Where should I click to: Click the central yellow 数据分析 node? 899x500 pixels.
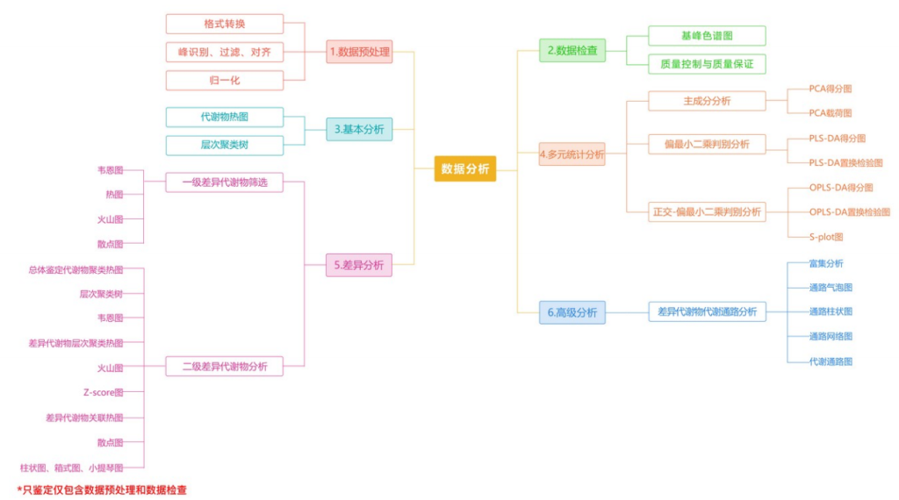tap(464, 168)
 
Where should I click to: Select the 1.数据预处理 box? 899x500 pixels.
tap(359, 52)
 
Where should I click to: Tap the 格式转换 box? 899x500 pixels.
tap(225, 24)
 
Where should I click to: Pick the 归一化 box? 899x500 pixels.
tap(225, 80)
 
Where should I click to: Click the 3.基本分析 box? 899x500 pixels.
tap(359, 129)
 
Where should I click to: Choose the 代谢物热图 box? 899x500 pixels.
tap(225, 117)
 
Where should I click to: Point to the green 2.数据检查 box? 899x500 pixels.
tap(572, 50)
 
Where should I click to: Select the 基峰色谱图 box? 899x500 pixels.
tap(707, 36)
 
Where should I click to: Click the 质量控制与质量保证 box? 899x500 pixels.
tap(707, 63)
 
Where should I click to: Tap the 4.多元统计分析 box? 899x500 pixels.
tap(572, 154)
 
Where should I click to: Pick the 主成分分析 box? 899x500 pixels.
tap(707, 101)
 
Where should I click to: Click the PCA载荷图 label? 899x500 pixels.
tap(831, 113)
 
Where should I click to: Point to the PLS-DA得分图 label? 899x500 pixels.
tap(838, 139)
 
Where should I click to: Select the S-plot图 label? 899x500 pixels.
tap(826, 237)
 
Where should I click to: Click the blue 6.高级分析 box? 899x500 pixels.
tap(572, 311)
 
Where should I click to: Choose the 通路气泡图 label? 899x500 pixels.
tap(831, 287)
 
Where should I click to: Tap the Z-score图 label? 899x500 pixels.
tap(103, 392)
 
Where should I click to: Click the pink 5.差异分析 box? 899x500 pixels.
tap(359, 265)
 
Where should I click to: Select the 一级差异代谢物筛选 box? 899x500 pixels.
tap(225, 182)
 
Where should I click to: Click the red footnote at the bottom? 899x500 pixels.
tap(102, 489)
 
